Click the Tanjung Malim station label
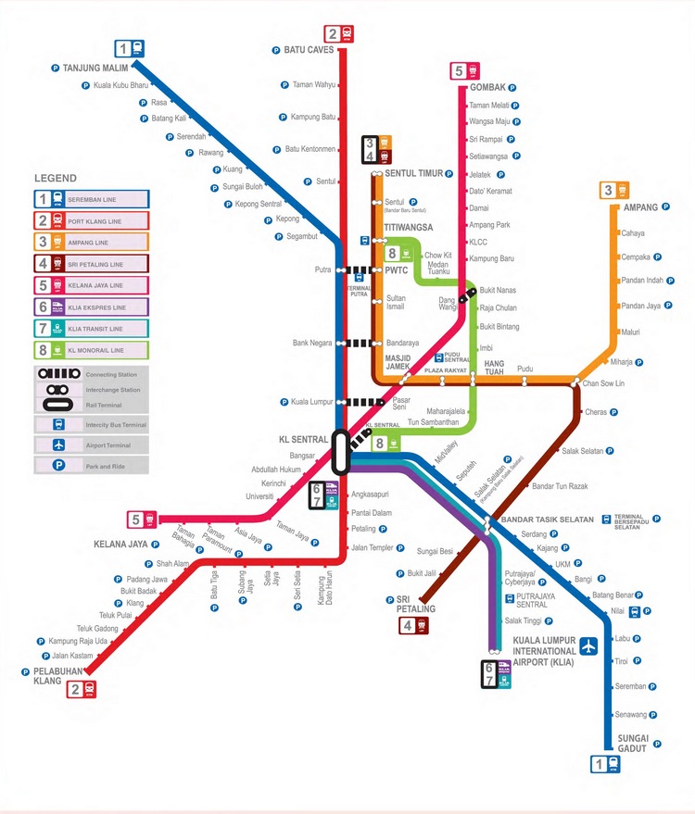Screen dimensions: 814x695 coord(93,68)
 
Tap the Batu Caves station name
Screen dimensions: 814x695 coord(309,50)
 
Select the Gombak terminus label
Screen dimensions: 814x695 coord(487,87)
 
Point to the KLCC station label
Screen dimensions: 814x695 coord(478,243)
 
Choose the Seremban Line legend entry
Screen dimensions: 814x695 coord(92,199)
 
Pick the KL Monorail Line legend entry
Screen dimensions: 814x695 coord(92,351)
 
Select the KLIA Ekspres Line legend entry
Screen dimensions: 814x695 coord(92,307)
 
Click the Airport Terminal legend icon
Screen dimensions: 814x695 coord(59,445)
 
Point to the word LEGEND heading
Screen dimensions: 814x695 coord(56,178)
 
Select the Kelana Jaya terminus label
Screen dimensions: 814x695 coord(121,544)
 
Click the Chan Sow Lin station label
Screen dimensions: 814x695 coord(603,382)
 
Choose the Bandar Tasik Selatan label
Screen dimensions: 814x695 coord(547,520)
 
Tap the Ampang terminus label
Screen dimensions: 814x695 coord(627,207)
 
